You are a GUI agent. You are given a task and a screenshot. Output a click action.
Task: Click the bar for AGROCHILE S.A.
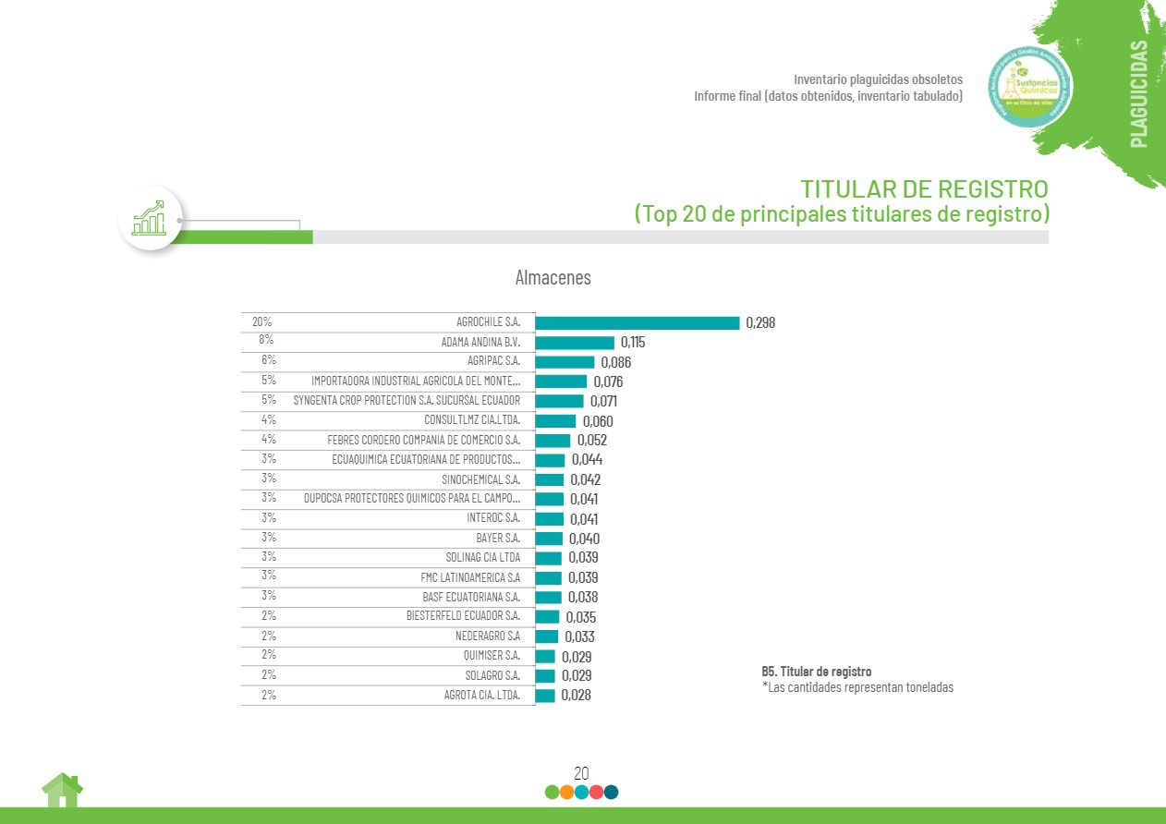pyautogui.click(x=638, y=323)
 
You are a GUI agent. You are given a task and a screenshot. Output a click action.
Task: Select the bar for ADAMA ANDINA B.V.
pyautogui.click(x=575, y=343)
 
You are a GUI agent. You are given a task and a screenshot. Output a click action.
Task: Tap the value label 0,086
pyautogui.click(x=615, y=362)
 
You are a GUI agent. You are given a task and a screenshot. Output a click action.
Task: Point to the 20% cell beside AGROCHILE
pyautogui.click(x=261, y=322)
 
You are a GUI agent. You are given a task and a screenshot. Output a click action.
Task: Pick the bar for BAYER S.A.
pyautogui.click(x=549, y=539)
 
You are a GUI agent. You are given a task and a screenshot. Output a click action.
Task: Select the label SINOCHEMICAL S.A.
pyautogui.click(x=480, y=479)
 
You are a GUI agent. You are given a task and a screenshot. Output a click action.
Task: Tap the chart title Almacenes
pyautogui.click(x=553, y=277)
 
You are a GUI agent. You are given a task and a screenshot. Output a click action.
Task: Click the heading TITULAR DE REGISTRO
pyautogui.click(x=924, y=189)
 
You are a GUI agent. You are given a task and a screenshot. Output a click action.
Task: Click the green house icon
pyautogui.click(x=62, y=791)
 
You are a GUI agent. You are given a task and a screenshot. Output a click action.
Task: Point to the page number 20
pyautogui.click(x=581, y=773)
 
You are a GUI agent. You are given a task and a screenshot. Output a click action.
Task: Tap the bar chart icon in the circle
pyautogui.click(x=150, y=218)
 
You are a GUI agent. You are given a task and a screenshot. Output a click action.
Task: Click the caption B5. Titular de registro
pyautogui.click(x=816, y=672)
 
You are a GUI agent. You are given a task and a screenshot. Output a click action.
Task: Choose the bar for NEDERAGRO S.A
pyautogui.click(x=547, y=636)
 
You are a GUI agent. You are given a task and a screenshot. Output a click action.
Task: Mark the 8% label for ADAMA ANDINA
pyautogui.click(x=265, y=340)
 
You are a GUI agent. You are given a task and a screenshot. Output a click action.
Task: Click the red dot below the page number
pyautogui.click(x=596, y=792)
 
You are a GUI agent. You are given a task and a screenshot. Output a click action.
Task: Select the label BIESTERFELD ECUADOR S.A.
pyautogui.click(x=463, y=616)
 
